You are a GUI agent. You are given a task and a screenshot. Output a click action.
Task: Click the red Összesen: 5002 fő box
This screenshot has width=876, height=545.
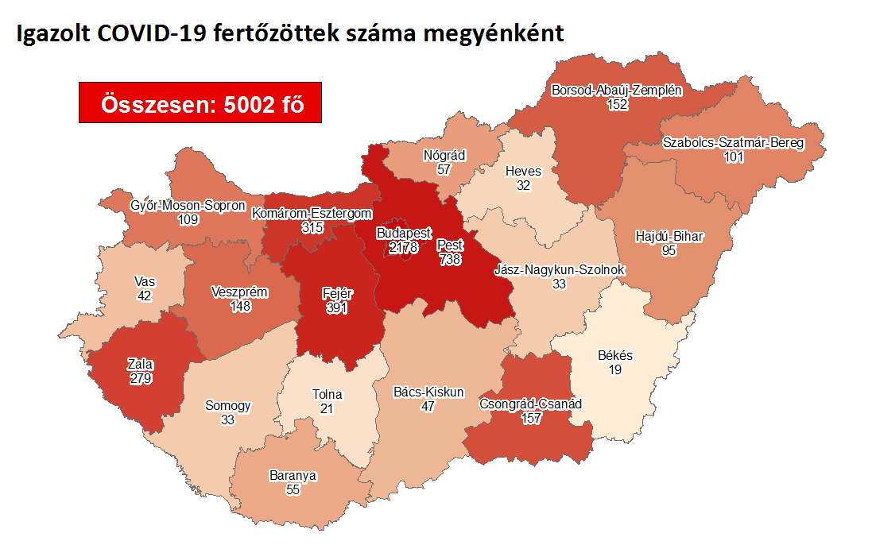(200, 102)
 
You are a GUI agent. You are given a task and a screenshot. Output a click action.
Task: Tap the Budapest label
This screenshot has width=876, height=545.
(398, 234)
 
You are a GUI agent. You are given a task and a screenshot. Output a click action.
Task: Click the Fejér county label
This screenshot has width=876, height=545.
(337, 293)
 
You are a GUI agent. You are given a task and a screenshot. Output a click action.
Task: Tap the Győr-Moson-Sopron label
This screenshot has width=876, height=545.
(188, 206)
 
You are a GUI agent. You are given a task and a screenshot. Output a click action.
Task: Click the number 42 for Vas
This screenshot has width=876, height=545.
(144, 296)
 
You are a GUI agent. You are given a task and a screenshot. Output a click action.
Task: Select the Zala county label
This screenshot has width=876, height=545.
(140, 365)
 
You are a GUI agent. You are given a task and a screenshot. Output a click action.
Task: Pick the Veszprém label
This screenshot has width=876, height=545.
(238, 292)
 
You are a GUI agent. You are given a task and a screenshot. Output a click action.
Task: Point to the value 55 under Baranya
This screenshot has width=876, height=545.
(293, 489)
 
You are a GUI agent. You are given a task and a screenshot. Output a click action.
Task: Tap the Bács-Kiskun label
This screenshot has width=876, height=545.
(428, 392)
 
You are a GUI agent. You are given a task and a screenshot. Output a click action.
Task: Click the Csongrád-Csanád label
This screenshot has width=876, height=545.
(530, 404)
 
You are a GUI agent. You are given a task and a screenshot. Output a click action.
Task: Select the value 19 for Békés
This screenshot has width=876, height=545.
(614, 369)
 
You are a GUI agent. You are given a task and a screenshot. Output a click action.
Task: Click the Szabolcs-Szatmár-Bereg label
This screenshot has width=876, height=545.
(733, 143)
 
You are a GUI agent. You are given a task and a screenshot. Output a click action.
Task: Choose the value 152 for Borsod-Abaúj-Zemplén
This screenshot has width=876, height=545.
(617, 104)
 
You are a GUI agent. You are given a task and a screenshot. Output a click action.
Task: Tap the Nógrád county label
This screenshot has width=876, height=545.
(444, 156)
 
